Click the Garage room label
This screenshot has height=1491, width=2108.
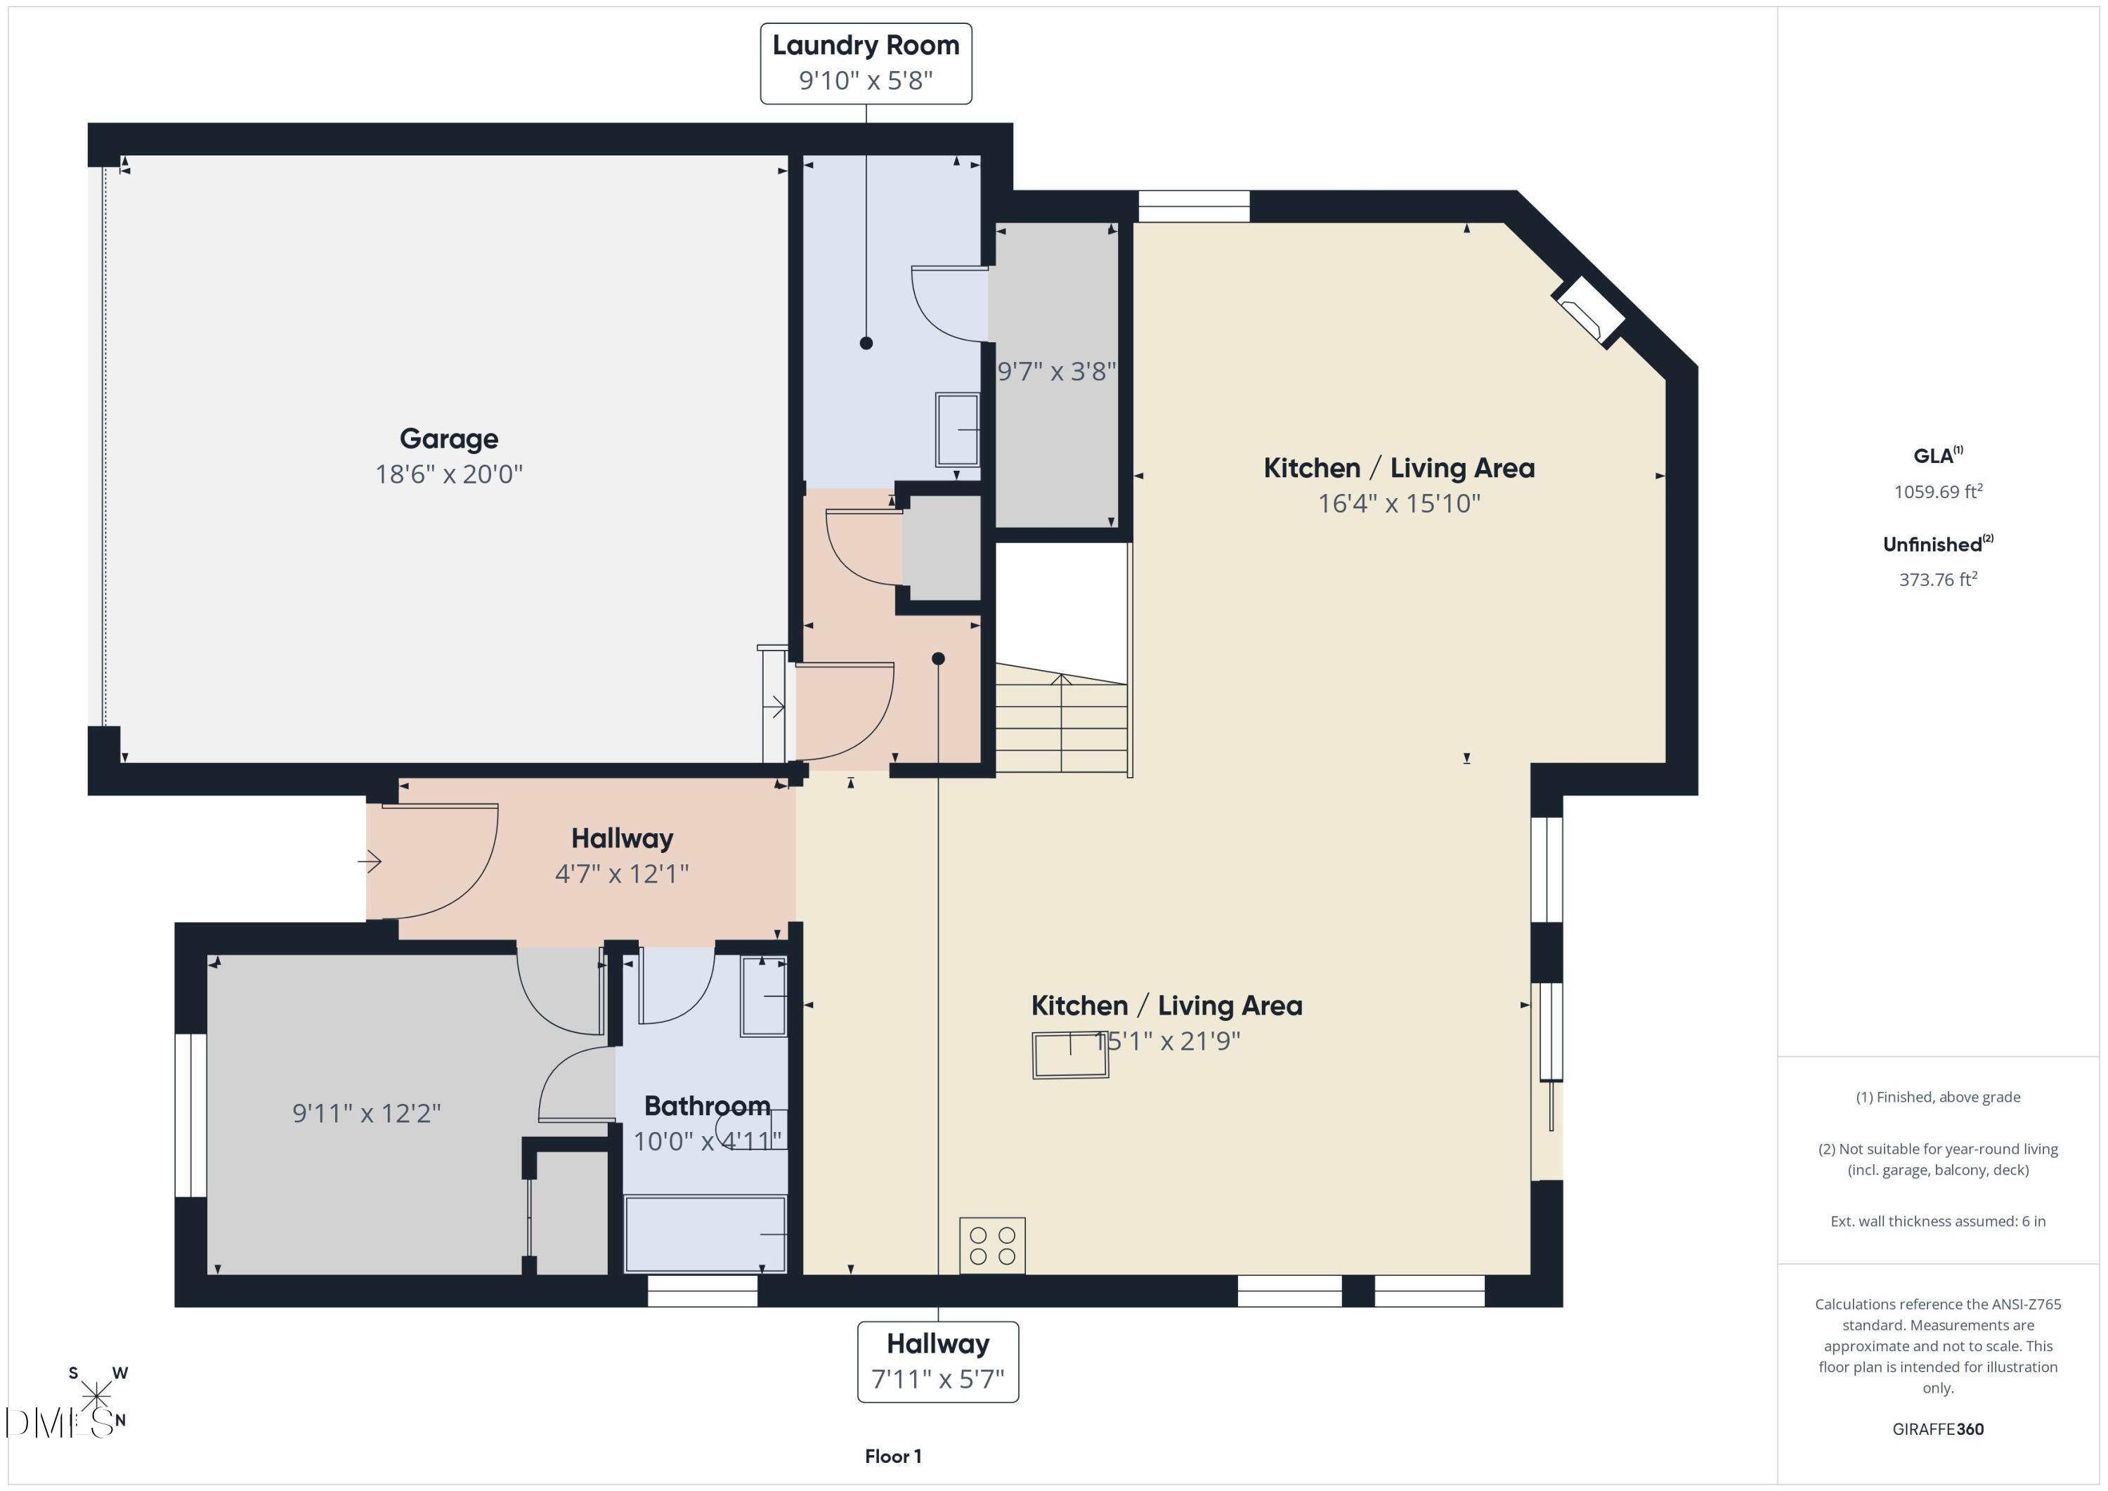coord(448,439)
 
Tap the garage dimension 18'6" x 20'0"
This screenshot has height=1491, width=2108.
coord(448,474)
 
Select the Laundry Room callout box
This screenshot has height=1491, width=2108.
coord(865,63)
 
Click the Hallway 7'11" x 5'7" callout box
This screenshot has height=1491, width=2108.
coord(937,1362)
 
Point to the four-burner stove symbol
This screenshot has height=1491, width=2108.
coord(991,1246)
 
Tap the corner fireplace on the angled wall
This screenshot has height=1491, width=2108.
coord(1588,312)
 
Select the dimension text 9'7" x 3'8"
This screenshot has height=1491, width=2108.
coord(1056,372)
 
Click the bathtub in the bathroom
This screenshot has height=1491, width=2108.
coord(705,1234)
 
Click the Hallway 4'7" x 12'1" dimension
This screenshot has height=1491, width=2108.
coord(622,873)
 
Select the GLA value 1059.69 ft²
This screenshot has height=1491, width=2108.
coord(1937,491)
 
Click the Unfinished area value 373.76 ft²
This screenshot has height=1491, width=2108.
coord(1937,579)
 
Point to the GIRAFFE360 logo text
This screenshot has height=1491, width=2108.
coord(1937,1428)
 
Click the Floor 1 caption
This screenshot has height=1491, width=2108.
coord(892,1456)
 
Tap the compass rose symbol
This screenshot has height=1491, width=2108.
coord(96,1396)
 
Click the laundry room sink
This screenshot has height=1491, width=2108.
coord(956,430)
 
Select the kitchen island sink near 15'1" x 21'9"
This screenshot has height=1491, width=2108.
coord(1069,1055)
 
